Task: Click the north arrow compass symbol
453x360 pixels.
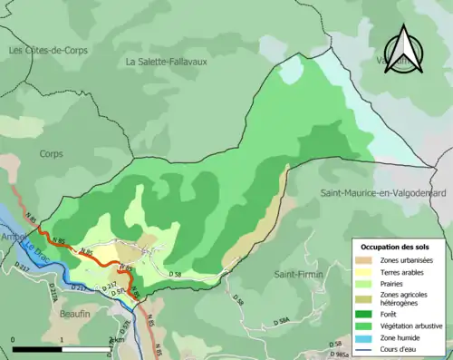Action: tap(404, 50)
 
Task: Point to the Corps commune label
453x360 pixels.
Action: tap(52, 153)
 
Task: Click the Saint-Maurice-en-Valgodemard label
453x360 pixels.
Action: tap(385, 193)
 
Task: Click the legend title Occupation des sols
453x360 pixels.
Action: tap(397, 246)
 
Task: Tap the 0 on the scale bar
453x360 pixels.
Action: tap(14, 340)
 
